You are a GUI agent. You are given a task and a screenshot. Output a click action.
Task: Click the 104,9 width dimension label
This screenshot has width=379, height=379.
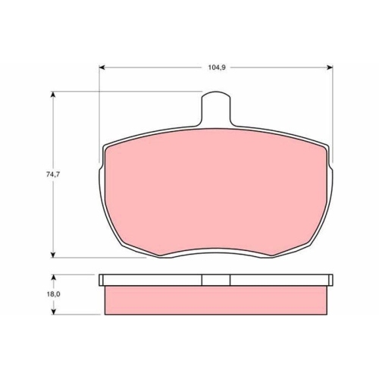217,67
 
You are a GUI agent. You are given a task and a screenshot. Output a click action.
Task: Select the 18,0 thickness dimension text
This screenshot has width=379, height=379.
53,294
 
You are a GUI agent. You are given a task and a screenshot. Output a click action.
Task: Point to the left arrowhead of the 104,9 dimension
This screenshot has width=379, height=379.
102,67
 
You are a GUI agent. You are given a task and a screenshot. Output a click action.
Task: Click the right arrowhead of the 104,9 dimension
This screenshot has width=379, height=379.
330,67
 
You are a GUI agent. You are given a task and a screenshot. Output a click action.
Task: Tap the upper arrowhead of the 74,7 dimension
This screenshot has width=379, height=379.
53,94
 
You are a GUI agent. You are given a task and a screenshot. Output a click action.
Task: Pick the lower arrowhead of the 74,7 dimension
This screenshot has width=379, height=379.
53,255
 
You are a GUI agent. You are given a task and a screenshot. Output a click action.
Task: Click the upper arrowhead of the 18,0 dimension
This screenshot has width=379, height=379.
53,277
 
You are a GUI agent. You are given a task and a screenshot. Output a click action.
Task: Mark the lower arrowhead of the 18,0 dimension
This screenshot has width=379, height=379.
53,312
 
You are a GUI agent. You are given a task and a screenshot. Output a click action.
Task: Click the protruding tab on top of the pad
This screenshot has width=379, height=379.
216,108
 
